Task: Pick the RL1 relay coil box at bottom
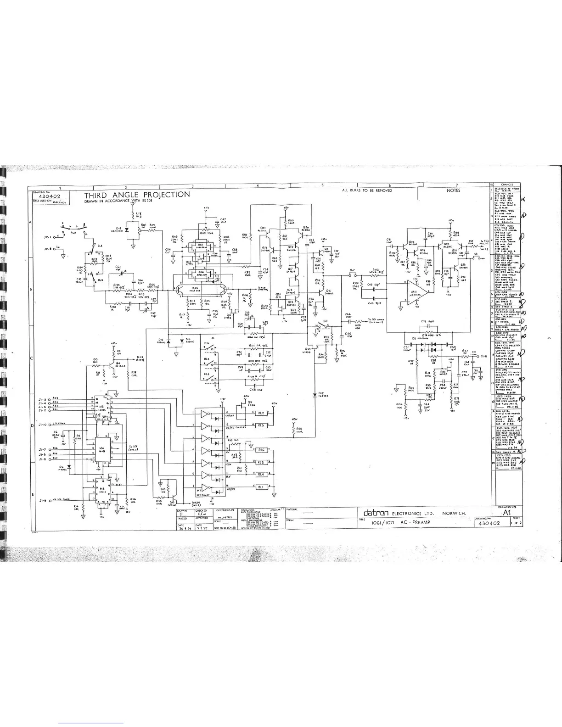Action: (x=261, y=487)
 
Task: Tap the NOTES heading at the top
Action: (x=453, y=190)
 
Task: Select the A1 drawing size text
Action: (x=507, y=512)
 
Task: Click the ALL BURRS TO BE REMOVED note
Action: (x=367, y=190)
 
